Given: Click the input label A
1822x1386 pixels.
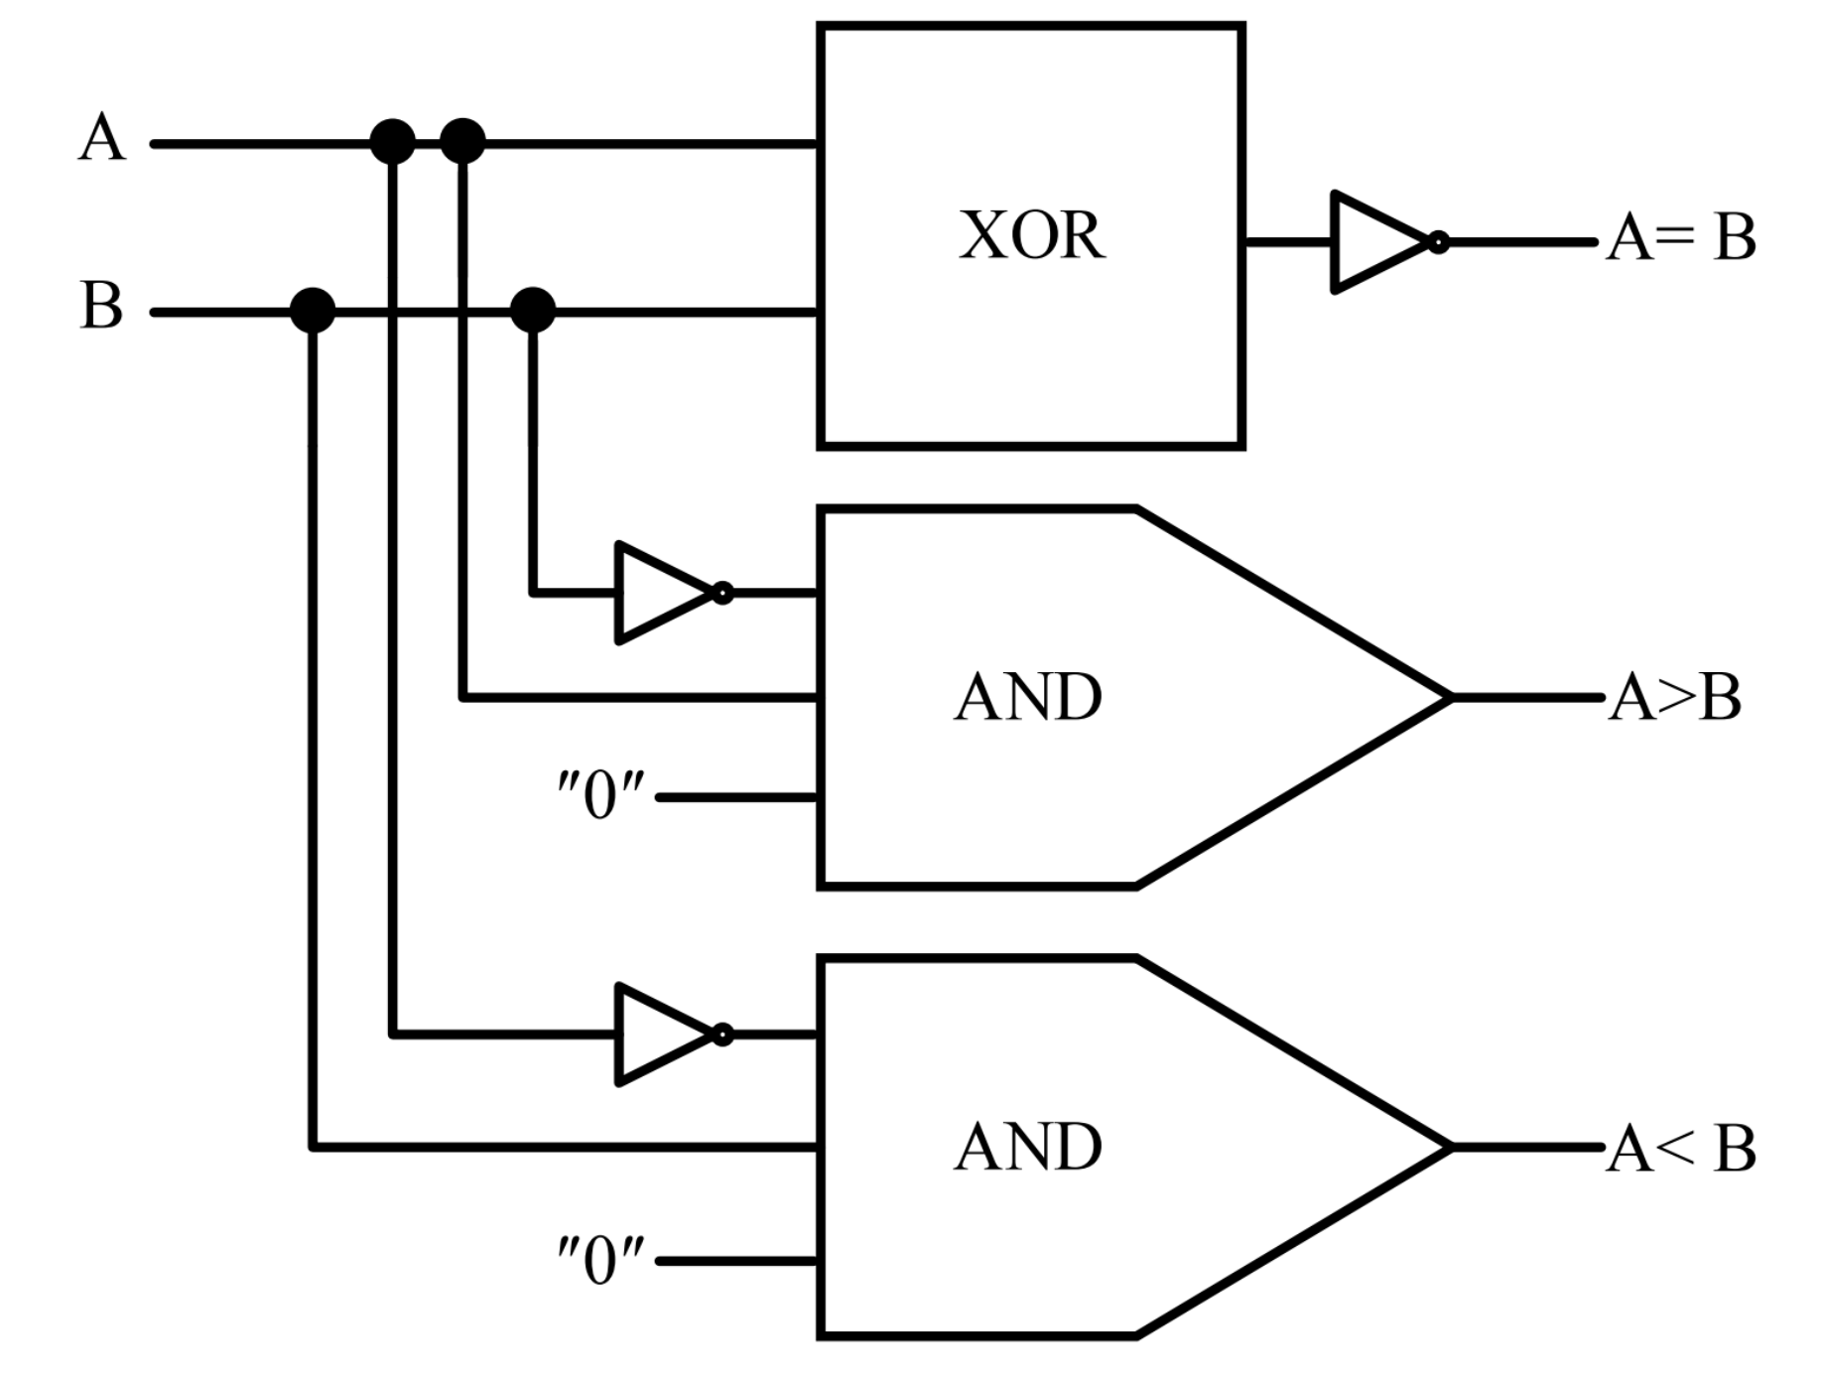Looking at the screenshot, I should click(x=102, y=138).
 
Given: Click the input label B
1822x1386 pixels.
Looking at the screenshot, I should click(x=101, y=306).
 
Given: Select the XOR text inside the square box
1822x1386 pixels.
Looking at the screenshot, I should click(x=1031, y=236).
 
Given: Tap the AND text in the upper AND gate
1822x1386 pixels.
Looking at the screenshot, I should click(x=1028, y=697).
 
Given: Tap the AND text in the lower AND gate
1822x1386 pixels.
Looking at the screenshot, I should click(x=1028, y=1147).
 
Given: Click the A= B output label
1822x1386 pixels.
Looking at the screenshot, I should click(x=1681, y=238).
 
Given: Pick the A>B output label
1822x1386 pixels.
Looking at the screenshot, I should click(x=1674, y=697).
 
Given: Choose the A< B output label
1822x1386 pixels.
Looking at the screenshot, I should click(x=1681, y=1149).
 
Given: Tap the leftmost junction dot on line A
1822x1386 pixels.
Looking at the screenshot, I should click(x=392, y=142).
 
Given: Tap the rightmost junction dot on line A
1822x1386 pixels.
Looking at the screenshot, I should click(x=462, y=141).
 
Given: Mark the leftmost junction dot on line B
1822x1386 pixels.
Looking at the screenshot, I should click(x=313, y=311).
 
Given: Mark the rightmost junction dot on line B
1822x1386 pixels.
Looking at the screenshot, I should click(x=533, y=311).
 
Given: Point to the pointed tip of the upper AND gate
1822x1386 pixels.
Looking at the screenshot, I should click(x=1449, y=698).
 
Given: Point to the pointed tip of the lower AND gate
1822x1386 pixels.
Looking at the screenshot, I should click(x=1449, y=1147).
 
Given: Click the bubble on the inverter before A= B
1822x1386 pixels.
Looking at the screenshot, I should click(x=1438, y=242).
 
